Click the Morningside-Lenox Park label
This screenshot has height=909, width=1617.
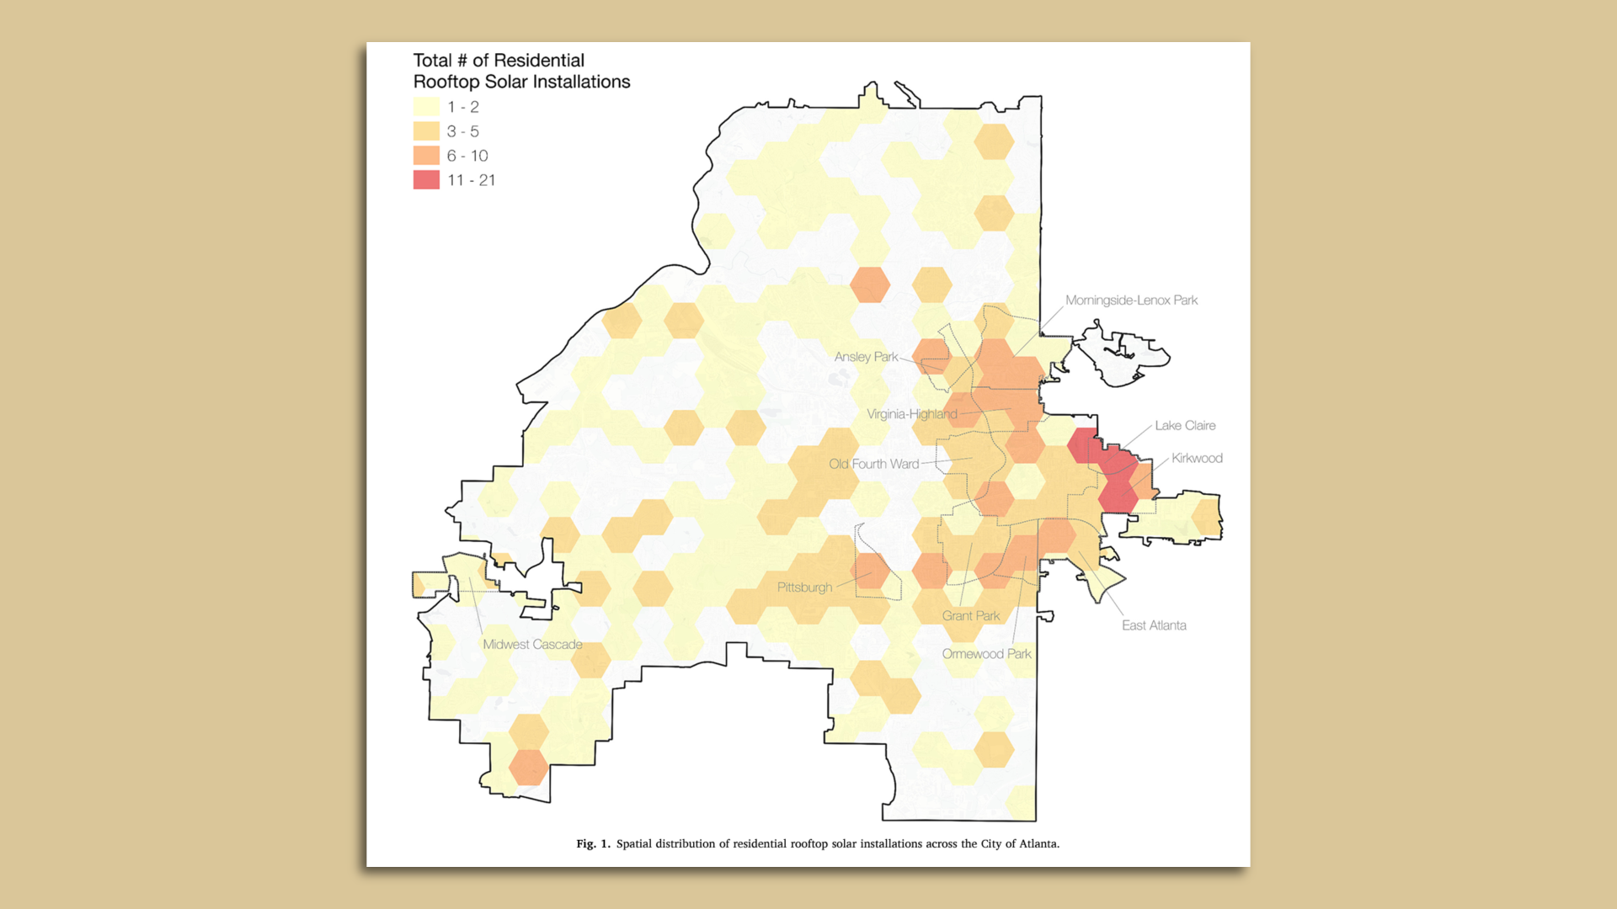click(x=1131, y=300)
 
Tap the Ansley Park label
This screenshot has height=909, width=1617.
click(x=866, y=357)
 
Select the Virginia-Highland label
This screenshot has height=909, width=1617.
click(x=912, y=414)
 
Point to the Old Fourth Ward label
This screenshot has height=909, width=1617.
click(x=873, y=464)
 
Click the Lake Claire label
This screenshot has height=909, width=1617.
click(x=1185, y=426)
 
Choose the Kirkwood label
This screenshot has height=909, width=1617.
click(x=1197, y=458)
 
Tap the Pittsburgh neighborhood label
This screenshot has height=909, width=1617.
click(x=804, y=587)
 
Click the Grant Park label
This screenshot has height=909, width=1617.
click(x=971, y=616)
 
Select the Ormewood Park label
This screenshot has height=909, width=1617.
click(x=986, y=654)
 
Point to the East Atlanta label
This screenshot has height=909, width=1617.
click(x=1154, y=625)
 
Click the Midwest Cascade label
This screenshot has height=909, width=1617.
click(x=532, y=645)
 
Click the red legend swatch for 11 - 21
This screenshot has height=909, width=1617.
click(x=426, y=180)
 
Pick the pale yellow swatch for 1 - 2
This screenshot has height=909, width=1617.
click(x=426, y=107)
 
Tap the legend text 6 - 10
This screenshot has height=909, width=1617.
click(x=467, y=156)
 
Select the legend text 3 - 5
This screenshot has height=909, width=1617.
click(x=462, y=131)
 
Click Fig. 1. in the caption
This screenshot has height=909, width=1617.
click(x=593, y=843)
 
